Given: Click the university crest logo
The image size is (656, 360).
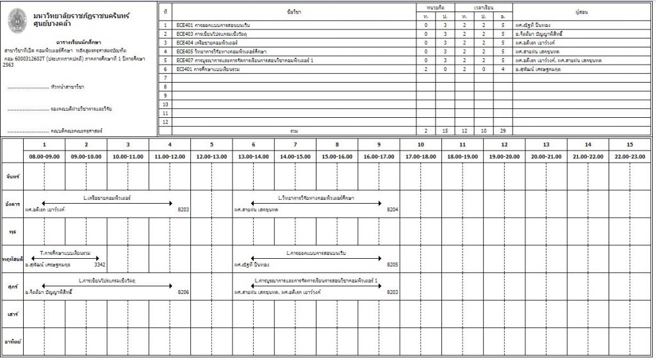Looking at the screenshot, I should click(x=19, y=21).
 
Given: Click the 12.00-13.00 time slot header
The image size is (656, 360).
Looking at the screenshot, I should click(x=211, y=156).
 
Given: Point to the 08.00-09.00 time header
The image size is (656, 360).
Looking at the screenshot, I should click(x=44, y=156).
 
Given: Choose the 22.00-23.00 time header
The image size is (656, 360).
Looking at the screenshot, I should click(x=630, y=156).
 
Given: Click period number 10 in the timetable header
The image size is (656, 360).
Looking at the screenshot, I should click(x=421, y=145).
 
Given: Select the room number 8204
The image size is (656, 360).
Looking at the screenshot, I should click(x=393, y=209).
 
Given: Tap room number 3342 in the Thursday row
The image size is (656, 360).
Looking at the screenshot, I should click(x=99, y=264).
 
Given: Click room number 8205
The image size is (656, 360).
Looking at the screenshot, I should click(x=393, y=264).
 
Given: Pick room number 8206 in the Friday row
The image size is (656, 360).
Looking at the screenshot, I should click(x=183, y=291).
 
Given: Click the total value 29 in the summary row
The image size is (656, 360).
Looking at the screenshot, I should click(x=503, y=130).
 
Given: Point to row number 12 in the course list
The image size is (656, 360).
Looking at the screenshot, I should click(x=165, y=122).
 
